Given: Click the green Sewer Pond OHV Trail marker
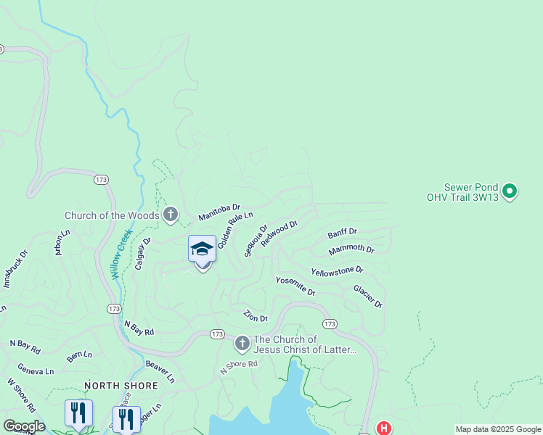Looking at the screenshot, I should click(510, 191).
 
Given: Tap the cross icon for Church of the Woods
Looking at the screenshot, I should click(171, 215).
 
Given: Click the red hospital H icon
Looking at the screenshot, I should click(383, 428).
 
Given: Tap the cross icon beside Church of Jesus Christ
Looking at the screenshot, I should click(242, 342).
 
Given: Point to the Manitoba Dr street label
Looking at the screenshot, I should click(219, 212).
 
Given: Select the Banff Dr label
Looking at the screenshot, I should click(342, 233).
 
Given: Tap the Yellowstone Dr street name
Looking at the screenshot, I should click(337, 270).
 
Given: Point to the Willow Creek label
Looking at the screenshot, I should click(120, 254).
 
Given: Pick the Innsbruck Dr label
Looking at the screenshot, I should click(14, 269).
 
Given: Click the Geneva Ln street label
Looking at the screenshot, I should click(36, 370).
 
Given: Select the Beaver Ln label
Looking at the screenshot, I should click(160, 371).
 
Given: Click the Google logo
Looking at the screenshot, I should click(23, 426).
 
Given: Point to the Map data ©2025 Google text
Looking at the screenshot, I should click(498, 429).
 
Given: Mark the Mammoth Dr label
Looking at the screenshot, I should click(351, 250).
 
